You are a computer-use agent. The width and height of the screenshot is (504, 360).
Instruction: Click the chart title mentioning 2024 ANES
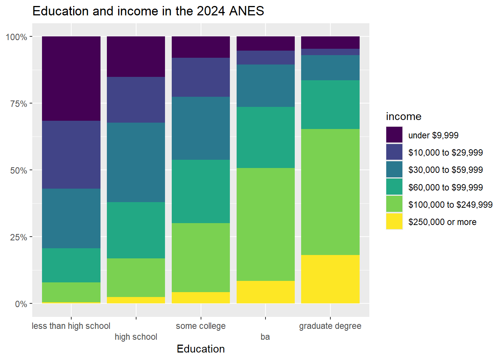point(148,11)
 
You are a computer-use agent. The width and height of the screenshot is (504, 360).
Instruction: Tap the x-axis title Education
point(201,349)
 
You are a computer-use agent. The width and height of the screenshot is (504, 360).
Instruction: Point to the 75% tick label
point(18,104)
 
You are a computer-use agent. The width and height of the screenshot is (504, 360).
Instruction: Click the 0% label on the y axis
point(21,304)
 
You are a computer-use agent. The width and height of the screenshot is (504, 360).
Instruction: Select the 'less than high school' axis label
point(71,326)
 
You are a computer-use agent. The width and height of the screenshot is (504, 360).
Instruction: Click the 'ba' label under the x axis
point(265,337)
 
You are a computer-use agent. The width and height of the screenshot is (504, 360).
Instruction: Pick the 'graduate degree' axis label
point(330,326)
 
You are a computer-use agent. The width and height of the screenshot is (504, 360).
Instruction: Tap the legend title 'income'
point(403,117)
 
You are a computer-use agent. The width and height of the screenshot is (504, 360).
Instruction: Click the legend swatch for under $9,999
point(394,135)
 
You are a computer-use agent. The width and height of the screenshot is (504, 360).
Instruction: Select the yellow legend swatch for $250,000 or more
point(394,222)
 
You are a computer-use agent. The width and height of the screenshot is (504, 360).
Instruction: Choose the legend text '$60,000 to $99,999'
point(445,187)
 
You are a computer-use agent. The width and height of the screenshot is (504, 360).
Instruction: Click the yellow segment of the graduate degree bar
point(330,279)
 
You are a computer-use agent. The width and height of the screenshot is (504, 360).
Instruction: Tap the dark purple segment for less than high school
point(71,78)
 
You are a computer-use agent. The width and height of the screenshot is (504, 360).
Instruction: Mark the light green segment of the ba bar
point(265,224)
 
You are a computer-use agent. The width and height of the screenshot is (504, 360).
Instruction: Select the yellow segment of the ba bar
point(265,292)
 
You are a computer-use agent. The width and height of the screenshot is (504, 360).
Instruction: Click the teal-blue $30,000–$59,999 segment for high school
point(136,162)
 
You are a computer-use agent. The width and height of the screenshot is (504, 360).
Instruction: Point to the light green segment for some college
point(201,257)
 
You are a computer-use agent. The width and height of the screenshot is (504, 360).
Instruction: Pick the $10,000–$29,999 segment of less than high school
point(71,154)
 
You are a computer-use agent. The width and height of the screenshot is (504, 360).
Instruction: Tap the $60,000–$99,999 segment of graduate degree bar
point(330,105)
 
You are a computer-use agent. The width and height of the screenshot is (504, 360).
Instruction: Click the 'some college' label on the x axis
point(201,326)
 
